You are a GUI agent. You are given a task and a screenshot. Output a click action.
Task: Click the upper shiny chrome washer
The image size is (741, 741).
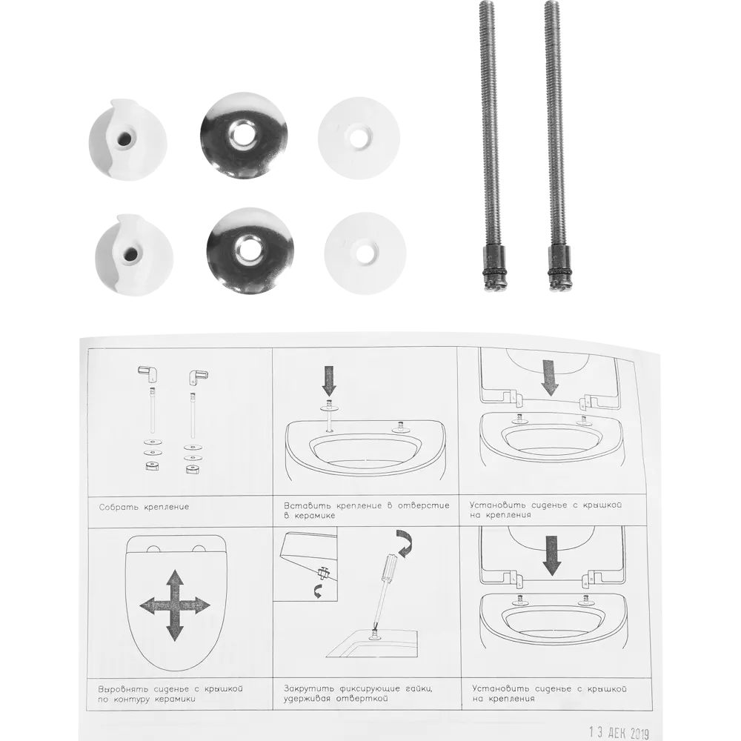[243, 136]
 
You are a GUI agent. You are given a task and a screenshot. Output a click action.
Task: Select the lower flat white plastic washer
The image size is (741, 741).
[365, 253]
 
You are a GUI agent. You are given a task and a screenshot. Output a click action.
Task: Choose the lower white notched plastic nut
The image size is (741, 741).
[133, 255]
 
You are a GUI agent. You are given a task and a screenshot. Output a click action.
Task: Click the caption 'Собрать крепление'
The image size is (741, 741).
[144, 507]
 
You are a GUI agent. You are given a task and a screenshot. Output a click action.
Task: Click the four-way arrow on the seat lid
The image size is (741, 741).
[175, 605]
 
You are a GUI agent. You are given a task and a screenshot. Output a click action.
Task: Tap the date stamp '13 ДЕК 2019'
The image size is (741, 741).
[619, 733]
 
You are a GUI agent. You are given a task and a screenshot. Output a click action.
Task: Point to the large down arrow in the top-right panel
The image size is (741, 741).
[550, 377]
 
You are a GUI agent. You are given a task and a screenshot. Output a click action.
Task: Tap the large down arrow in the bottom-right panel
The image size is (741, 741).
[551, 555]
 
